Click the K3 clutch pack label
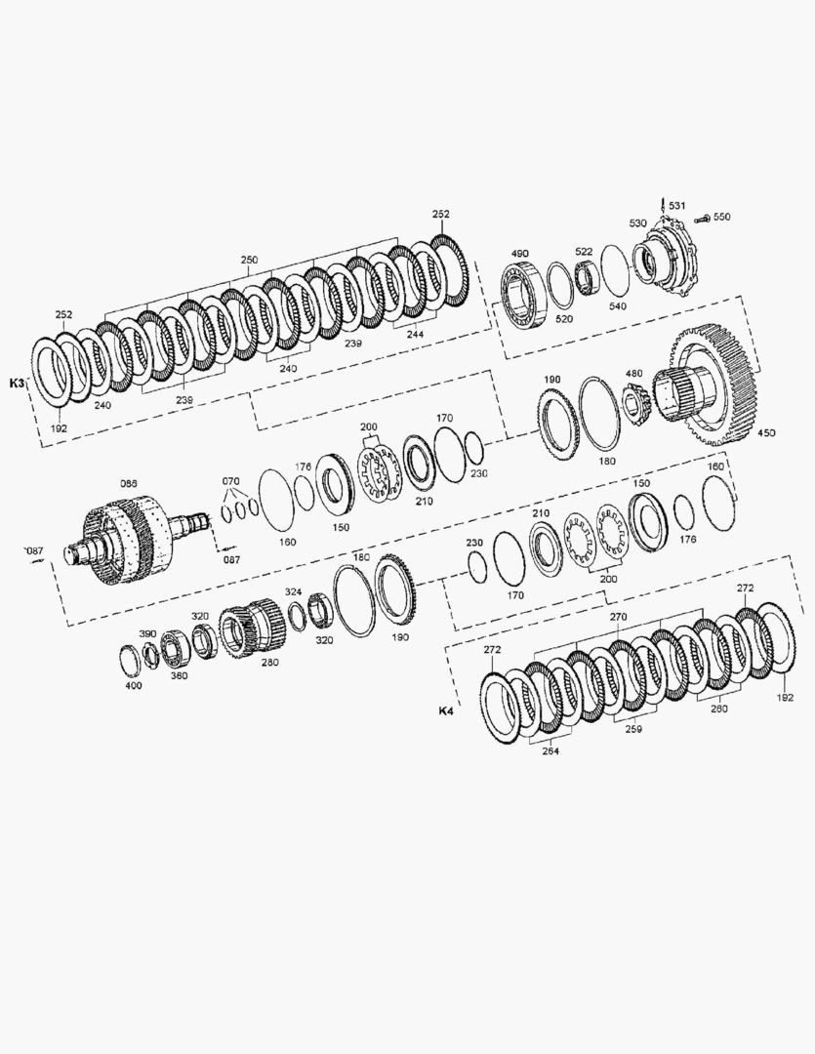(x=17, y=384)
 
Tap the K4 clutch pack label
(x=446, y=710)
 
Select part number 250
(x=249, y=260)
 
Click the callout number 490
(x=520, y=254)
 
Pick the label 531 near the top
(x=677, y=205)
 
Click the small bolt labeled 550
(x=702, y=218)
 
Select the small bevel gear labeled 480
(x=634, y=402)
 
